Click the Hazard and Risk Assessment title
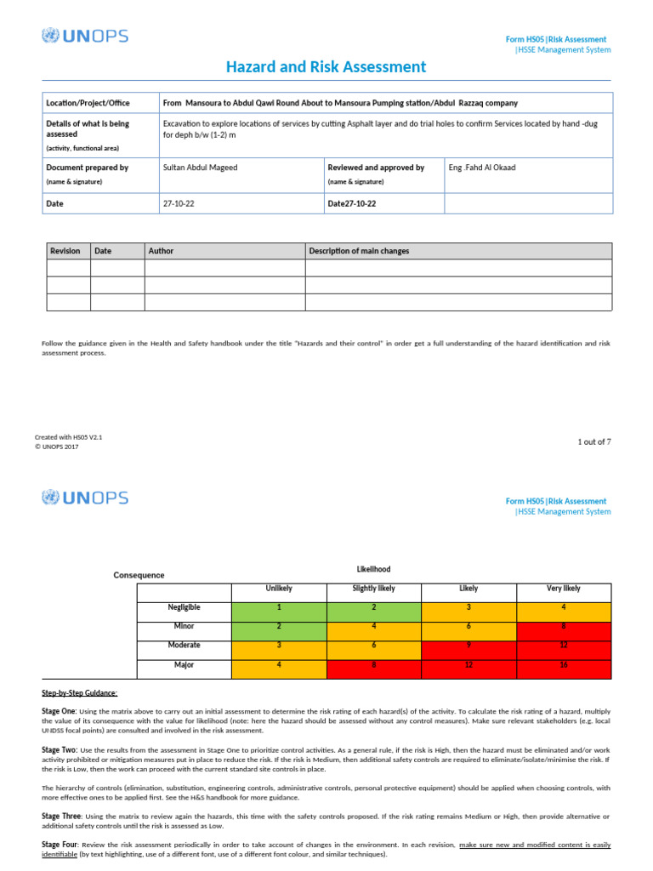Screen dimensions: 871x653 pos(326,67)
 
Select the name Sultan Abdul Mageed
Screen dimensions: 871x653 pos(200,168)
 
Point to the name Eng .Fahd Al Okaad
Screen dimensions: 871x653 pos(481,168)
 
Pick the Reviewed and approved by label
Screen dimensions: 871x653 pos(375,168)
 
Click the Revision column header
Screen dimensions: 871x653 pos(65,251)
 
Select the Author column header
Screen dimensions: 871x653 pos(161,251)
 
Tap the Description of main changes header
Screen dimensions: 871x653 pos(359,251)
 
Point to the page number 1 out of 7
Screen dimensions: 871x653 pos(594,441)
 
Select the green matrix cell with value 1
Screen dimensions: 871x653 pos(278,607)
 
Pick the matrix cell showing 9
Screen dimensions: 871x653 pos(468,645)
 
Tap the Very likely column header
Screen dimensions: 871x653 pos(564,589)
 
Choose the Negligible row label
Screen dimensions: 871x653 pos(184,607)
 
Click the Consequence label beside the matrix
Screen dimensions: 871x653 pos(139,575)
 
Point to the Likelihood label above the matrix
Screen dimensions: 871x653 pos(373,568)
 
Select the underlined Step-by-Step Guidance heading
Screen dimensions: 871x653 pos(80,693)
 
